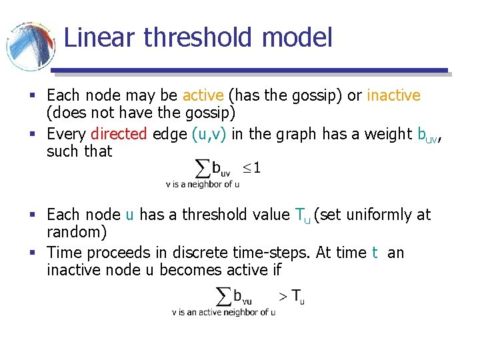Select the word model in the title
tap(297, 37)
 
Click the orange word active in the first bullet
tap(203, 95)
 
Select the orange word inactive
tap(393, 95)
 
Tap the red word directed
tap(119, 134)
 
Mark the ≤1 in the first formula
tap(251, 167)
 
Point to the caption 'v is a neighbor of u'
tap(202, 184)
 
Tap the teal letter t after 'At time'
tap(375, 253)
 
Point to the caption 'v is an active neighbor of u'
tap(223, 312)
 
